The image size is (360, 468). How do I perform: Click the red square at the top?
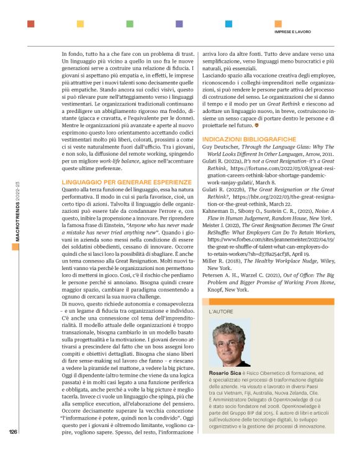coord(31,24)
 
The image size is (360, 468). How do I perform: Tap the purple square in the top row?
coord(179,24)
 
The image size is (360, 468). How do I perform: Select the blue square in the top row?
coord(229,24)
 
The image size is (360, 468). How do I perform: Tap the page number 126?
coord(13,450)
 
